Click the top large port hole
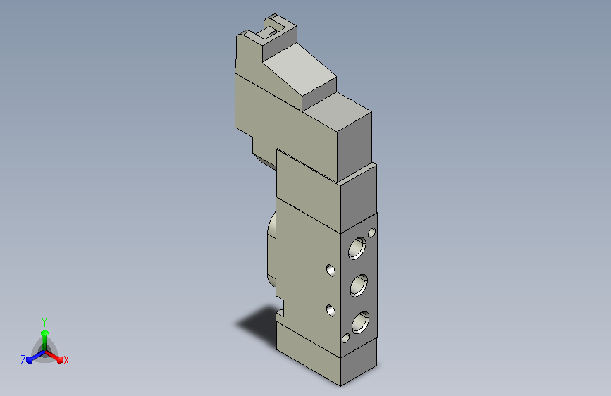pos(357,248)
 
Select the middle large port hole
pos(359,285)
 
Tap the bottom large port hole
pos(360,322)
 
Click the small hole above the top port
pos(371,233)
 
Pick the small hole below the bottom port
pos(345,338)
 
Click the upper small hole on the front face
pos(331,270)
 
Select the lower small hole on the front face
pos(331,311)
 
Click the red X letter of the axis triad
pos(66,360)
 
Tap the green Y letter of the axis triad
pos(44,322)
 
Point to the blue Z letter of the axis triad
pos(23,360)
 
